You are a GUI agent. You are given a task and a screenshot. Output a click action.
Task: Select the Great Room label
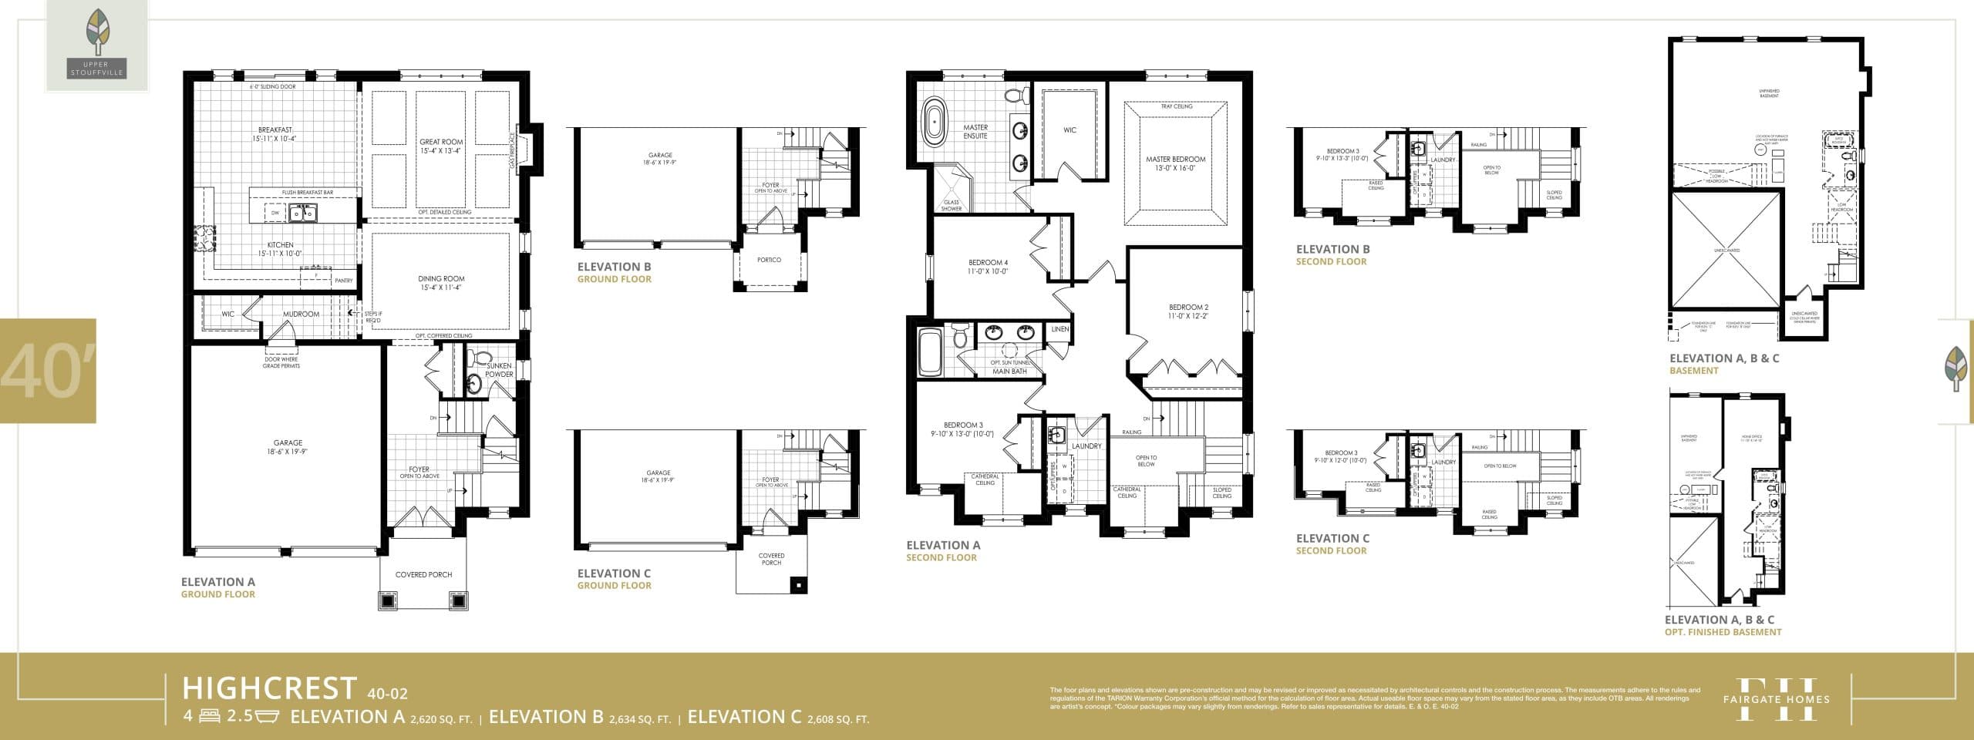click(441, 142)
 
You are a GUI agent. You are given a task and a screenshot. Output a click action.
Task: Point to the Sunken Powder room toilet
click(480, 359)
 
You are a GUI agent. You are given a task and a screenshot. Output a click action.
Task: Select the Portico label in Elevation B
click(769, 260)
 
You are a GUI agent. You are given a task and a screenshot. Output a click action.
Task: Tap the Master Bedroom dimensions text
click(1175, 168)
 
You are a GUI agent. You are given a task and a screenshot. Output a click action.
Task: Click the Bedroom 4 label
click(988, 262)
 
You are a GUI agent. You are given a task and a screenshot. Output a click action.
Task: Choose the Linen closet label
click(1059, 329)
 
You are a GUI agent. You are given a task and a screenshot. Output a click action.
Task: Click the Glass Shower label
click(951, 206)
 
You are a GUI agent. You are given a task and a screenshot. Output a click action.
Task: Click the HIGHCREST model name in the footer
click(270, 688)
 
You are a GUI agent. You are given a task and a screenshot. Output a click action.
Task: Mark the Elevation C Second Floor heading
click(1332, 544)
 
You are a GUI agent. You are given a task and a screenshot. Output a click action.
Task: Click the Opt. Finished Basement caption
click(1723, 632)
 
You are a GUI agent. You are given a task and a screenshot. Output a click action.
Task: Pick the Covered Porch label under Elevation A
click(423, 574)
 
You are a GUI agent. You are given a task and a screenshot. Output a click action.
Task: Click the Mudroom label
click(301, 314)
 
